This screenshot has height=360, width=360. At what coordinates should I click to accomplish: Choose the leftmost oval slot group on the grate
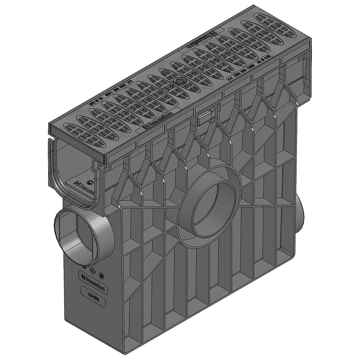[x=77, y=131]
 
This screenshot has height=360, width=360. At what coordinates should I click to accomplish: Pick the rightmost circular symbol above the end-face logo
[x=101, y=274]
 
